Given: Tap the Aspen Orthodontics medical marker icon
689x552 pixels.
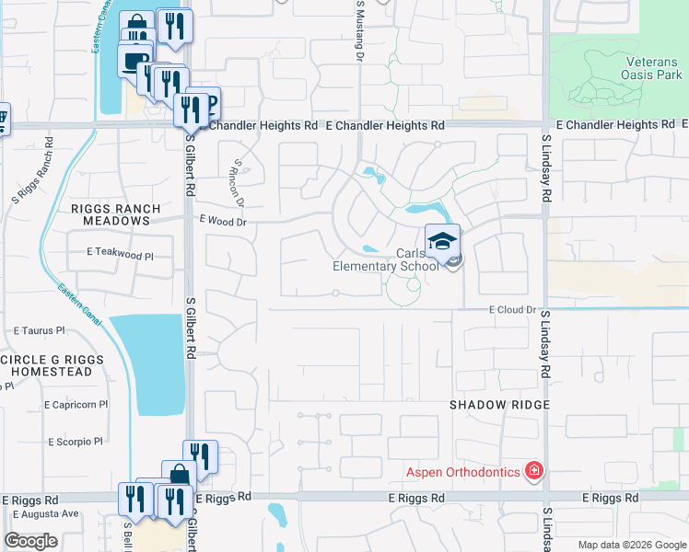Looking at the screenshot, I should click(x=532, y=472).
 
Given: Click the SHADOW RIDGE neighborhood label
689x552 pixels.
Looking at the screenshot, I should click(x=499, y=405).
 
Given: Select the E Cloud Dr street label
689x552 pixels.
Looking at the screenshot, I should click(x=512, y=311).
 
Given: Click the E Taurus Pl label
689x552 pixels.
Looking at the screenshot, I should click(x=39, y=329).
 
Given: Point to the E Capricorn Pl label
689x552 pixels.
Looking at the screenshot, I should click(x=76, y=404).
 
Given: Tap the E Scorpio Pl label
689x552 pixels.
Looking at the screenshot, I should click(x=72, y=442).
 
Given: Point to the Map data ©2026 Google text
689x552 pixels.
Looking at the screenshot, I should click(x=631, y=545).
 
